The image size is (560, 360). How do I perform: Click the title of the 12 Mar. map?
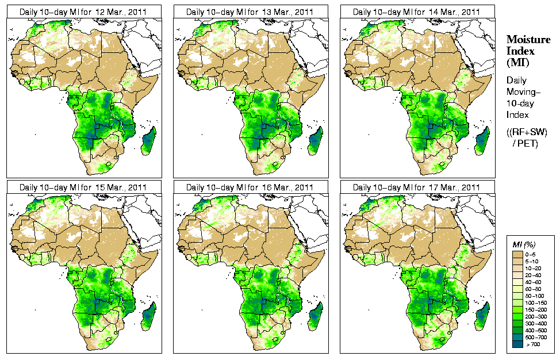[x=83, y=12]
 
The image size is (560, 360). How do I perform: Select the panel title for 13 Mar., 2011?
[x=250, y=12]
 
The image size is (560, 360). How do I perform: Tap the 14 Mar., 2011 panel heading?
[x=416, y=12]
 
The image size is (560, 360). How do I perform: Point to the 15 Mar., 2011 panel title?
[x=83, y=187]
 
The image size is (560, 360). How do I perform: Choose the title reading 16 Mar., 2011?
[x=250, y=187]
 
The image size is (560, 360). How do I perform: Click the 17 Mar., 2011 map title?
[x=416, y=187]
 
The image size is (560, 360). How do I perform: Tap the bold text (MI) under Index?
[x=517, y=62]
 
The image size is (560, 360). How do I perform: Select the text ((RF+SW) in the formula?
[x=527, y=132]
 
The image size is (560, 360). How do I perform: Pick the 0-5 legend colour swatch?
[x=517, y=254]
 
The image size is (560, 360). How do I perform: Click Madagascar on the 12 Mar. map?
[x=149, y=140]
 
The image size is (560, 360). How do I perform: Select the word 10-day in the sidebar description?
[x=521, y=104]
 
